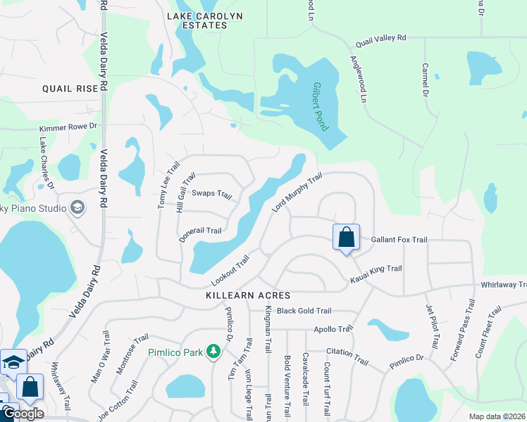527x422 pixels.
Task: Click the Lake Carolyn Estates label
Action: [197, 20]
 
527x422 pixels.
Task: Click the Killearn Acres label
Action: [247, 296]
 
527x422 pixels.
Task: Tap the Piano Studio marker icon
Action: [77, 207]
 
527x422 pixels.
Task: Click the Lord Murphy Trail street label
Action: [297, 192]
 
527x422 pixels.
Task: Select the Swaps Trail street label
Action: [211, 194]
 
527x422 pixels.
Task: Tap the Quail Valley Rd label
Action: [381, 41]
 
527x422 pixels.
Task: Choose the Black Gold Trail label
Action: [304, 311]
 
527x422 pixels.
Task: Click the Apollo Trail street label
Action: [333, 328]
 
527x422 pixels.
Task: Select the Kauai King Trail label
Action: [376, 274]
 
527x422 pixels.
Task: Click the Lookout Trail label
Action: [230, 271]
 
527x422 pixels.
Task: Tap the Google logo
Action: [23, 414]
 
